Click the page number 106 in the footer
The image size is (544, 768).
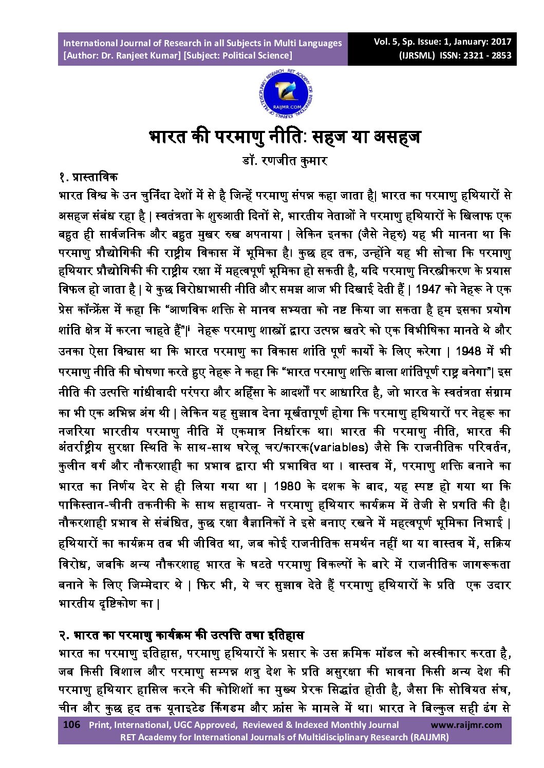tap(71, 725)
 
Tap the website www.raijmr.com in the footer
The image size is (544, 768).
tap(466, 725)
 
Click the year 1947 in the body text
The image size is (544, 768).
tap(428, 289)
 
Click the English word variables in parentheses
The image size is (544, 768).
tap(341, 447)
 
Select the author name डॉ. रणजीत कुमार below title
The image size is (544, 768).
tap(285, 160)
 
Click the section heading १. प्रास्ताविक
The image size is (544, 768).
tap(88, 178)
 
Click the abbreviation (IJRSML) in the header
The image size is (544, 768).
tap(417, 55)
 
